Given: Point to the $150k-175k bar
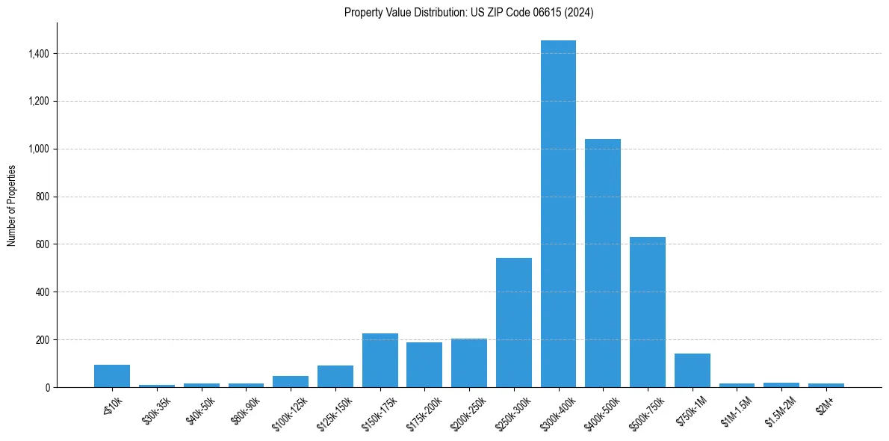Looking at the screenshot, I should [380, 360].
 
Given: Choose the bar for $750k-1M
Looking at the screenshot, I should [692, 371].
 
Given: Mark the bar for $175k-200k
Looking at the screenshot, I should [424, 365].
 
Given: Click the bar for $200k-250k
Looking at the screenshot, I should [469, 363].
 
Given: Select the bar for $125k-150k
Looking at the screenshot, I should [335, 377].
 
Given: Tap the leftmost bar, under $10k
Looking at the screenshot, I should [112, 376].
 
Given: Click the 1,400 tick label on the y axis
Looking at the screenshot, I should [39, 54].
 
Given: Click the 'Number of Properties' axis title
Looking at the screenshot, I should [12, 206].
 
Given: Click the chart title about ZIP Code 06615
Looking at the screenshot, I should [468, 13].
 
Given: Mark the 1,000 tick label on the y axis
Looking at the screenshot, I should [39, 149].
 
